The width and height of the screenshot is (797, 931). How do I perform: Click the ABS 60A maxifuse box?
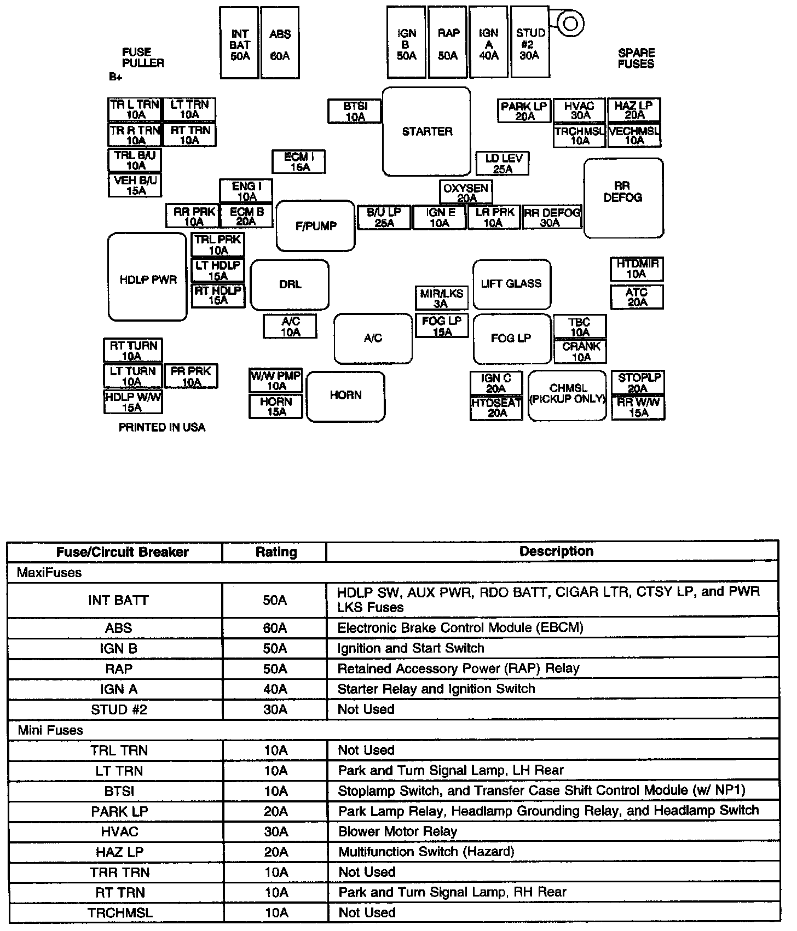tap(280, 43)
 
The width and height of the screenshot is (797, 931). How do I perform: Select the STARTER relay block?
tap(426, 131)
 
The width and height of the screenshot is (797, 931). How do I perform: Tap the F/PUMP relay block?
tap(315, 225)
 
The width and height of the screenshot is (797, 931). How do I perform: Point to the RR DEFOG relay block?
tap(623, 198)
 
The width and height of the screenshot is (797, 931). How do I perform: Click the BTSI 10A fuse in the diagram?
tap(355, 111)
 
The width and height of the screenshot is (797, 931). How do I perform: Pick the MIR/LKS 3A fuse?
tap(441, 298)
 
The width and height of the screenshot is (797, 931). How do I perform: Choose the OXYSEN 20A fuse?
tap(466, 193)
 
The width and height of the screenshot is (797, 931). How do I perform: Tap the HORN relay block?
tap(345, 396)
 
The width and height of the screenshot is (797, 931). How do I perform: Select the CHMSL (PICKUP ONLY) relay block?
tap(567, 395)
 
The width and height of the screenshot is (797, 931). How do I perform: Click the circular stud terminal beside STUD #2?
tap(570, 23)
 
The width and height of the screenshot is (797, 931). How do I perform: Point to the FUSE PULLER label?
tap(143, 57)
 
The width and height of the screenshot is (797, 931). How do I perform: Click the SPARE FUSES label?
tap(636, 58)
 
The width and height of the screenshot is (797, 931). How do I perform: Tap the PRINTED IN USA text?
tap(162, 427)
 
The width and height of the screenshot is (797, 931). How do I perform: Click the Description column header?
tap(556, 551)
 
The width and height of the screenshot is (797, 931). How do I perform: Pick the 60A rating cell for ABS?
tap(275, 628)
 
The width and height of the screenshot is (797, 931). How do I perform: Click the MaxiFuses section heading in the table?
tap(49, 573)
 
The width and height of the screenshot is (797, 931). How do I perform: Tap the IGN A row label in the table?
tap(118, 689)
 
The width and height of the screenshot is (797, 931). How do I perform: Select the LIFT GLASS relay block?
tap(511, 284)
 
